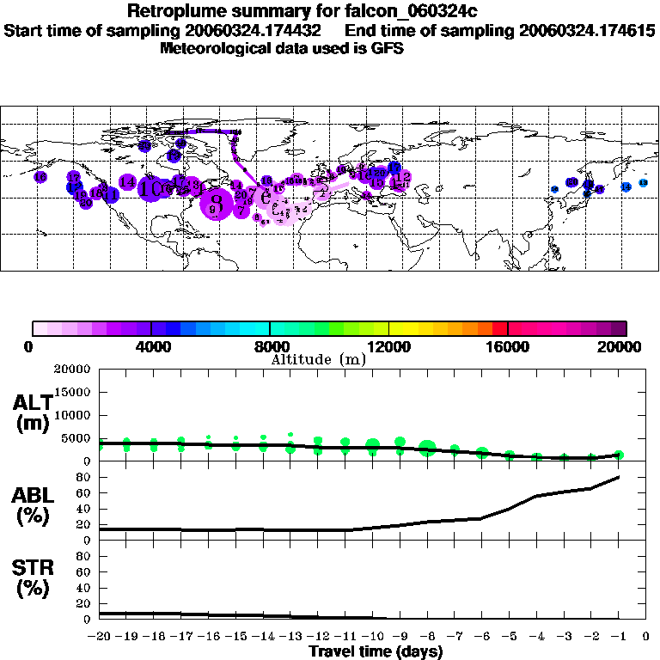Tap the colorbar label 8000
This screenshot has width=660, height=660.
point(270,347)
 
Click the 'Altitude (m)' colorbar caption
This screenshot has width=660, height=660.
point(318,359)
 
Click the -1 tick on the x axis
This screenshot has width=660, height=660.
point(619,637)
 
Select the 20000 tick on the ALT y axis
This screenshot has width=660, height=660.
point(73,370)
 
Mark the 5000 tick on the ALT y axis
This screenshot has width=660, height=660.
point(77,437)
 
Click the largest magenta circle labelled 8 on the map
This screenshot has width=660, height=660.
point(216,205)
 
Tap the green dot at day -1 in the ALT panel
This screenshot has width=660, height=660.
point(619,455)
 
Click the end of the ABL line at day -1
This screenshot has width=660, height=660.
point(619,477)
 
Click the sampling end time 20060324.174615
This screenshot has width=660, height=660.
point(587,30)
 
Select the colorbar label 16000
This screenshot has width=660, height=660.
point(508,347)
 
